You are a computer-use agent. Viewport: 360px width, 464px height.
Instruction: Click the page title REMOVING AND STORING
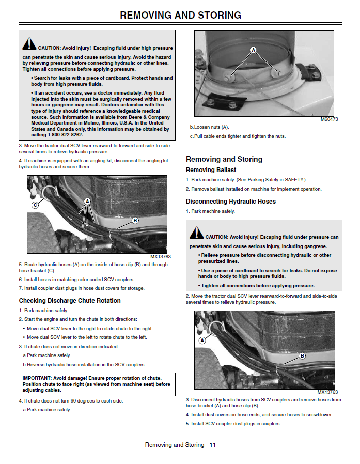pos(180,15)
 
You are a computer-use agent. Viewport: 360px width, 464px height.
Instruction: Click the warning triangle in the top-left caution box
pos(29,43)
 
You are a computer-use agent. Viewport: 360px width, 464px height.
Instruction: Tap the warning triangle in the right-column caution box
pos(196,233)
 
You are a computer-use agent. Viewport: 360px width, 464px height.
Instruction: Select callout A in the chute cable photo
pos(253,50)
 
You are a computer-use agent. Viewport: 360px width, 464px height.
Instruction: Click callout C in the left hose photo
pos(35,205)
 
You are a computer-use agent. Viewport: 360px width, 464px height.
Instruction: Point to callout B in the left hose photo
pos(135,221)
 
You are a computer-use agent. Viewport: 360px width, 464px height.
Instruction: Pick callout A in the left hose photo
pos(87,201)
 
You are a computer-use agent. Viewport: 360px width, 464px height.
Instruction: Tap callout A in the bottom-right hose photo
pos(202,341)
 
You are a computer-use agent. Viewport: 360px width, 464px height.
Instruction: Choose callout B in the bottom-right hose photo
pos(302,355)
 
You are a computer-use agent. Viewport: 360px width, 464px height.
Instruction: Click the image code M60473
pos(329,119)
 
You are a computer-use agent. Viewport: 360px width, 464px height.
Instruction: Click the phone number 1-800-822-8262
pos(65,135)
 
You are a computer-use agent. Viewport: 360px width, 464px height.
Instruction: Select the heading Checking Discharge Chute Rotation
pos(70,301)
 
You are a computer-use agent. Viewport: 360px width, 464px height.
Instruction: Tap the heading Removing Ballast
pos(211,170)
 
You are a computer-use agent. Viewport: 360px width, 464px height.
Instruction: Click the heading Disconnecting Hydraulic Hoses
pos(231,202)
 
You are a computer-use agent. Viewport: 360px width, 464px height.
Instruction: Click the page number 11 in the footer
pos(213,445)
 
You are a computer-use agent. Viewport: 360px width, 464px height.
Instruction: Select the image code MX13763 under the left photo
pos(161,257)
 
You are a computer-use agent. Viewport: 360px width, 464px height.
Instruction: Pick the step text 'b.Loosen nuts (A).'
pos(209,127)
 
